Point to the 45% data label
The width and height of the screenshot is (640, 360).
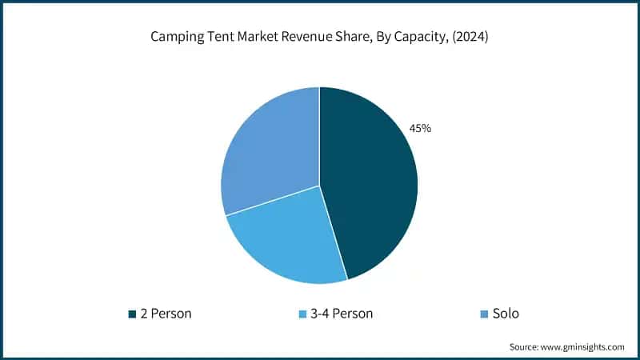421,128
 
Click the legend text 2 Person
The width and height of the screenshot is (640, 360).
165,314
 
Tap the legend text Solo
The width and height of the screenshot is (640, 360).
506,314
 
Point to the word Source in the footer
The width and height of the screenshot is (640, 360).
525,346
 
